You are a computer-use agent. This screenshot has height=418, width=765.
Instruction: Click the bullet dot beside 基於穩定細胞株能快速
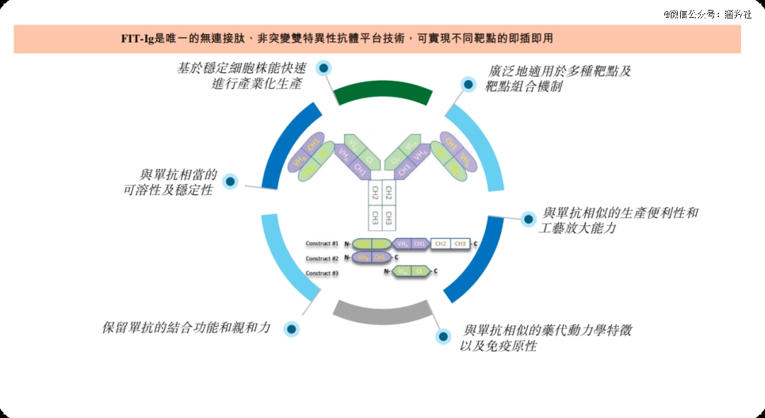click(324, 68)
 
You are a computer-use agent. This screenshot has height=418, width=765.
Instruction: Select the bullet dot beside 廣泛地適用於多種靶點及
click(468, 84)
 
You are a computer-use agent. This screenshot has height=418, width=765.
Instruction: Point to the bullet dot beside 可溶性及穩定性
click(229, 181)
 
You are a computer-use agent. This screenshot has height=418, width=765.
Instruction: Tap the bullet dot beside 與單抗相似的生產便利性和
click(528, 219)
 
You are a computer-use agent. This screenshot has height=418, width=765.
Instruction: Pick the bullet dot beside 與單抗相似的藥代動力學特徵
click(443, 337)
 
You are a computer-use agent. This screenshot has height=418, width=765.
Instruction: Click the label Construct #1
click(322, 244)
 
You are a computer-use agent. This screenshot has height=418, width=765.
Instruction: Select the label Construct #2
click(322, 259)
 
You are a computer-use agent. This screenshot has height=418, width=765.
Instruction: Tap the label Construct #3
click(322, 273)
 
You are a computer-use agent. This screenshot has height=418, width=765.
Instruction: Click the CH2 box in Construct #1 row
click(441, 244)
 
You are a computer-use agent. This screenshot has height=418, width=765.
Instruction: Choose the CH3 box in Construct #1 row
click(460, 244)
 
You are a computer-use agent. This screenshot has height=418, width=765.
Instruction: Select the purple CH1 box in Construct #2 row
click(380, 258)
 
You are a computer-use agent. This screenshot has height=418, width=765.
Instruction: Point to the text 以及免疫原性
click(498, 346)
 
